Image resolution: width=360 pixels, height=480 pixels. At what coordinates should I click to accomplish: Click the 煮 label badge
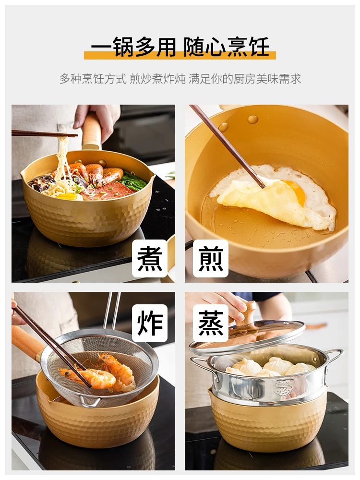pyautogui.click(x=150, y=259)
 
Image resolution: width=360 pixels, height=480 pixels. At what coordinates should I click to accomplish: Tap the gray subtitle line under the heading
pyautogui.click(x=180, y=79)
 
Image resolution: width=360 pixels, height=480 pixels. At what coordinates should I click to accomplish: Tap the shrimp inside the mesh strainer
pyautogui.click(x=103, y=374)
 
